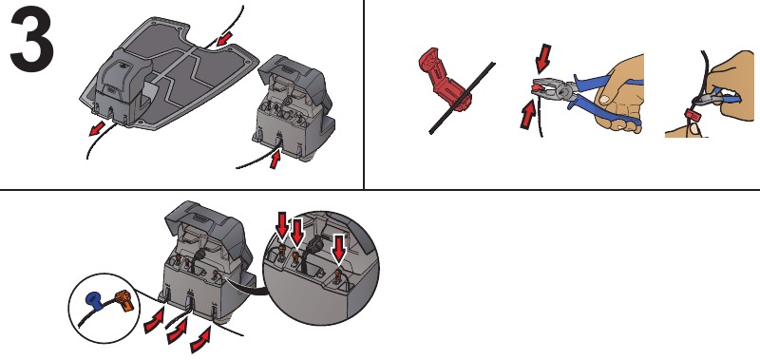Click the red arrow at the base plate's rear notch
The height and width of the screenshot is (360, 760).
(x=224, y=39)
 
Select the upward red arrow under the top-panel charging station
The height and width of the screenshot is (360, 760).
(x=276, y=161)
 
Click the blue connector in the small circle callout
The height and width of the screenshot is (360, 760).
(x=93, y=297)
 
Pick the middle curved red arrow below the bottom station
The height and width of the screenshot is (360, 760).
(x=177, y=333)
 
